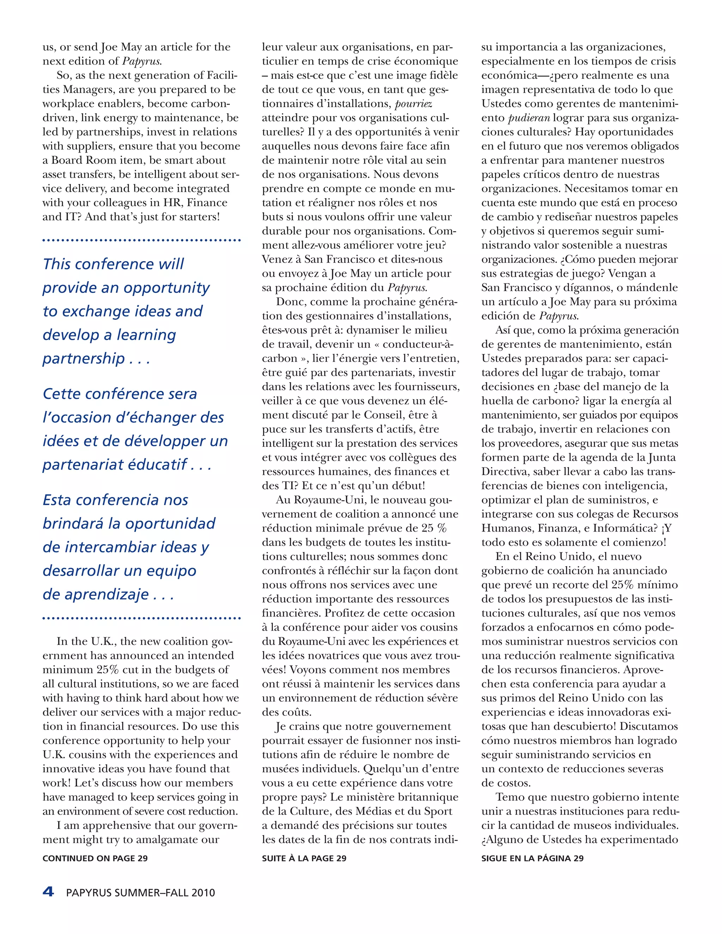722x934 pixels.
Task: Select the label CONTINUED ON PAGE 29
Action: pyautogui.click(x=95, y=858)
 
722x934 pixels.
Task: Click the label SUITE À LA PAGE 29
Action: pyautogui.click(x=304, y=858)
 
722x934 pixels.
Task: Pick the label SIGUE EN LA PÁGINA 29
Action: pyautogui.click(x=533, y=858)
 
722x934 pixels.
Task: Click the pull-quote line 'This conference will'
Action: pyautogui.click(x=114, y=264)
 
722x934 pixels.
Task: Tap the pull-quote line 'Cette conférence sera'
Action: pyautogui.click(x=120, y=393)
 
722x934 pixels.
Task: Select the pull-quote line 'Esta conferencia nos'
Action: pyautogui.click(x=116, y=499)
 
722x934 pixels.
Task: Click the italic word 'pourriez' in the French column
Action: pyautogui.click(x=413, y=104)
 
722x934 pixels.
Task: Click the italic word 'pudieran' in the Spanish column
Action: pyautogui.click(x=529, y=118)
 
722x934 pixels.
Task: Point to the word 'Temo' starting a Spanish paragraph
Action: pyautogui.click(x=509, y=797)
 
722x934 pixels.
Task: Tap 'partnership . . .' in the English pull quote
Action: pyautogui.click(x=96, y=358)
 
